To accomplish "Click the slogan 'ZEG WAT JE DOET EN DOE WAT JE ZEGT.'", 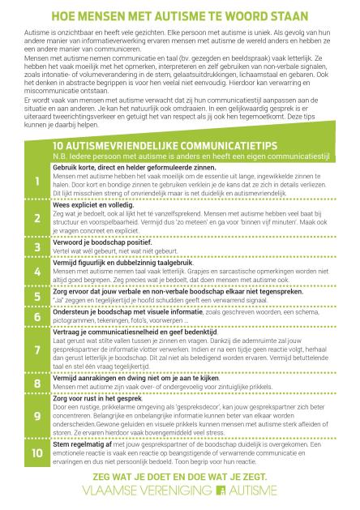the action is click(180, 475).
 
